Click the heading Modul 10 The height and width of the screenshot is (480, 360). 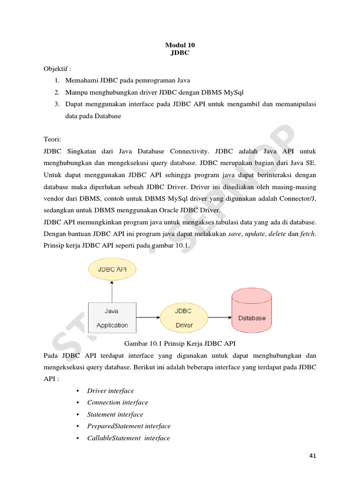(180, 45)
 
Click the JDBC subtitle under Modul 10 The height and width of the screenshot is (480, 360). (180, 52)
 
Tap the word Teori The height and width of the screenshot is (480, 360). (52, 140)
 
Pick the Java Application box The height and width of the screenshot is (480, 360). (112, 318)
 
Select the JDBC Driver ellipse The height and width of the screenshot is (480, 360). (183, 318)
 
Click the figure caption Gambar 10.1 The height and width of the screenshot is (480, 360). (180, 344)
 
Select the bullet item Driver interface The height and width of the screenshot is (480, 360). (111, 391)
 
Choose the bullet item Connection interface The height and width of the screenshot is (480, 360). (118, 403)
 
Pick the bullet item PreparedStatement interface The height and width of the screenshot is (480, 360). (129, 426)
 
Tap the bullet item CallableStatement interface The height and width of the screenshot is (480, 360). (128, 438)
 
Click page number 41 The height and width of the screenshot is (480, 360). (313, 456)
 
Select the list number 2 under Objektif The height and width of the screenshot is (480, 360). (56, 92)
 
